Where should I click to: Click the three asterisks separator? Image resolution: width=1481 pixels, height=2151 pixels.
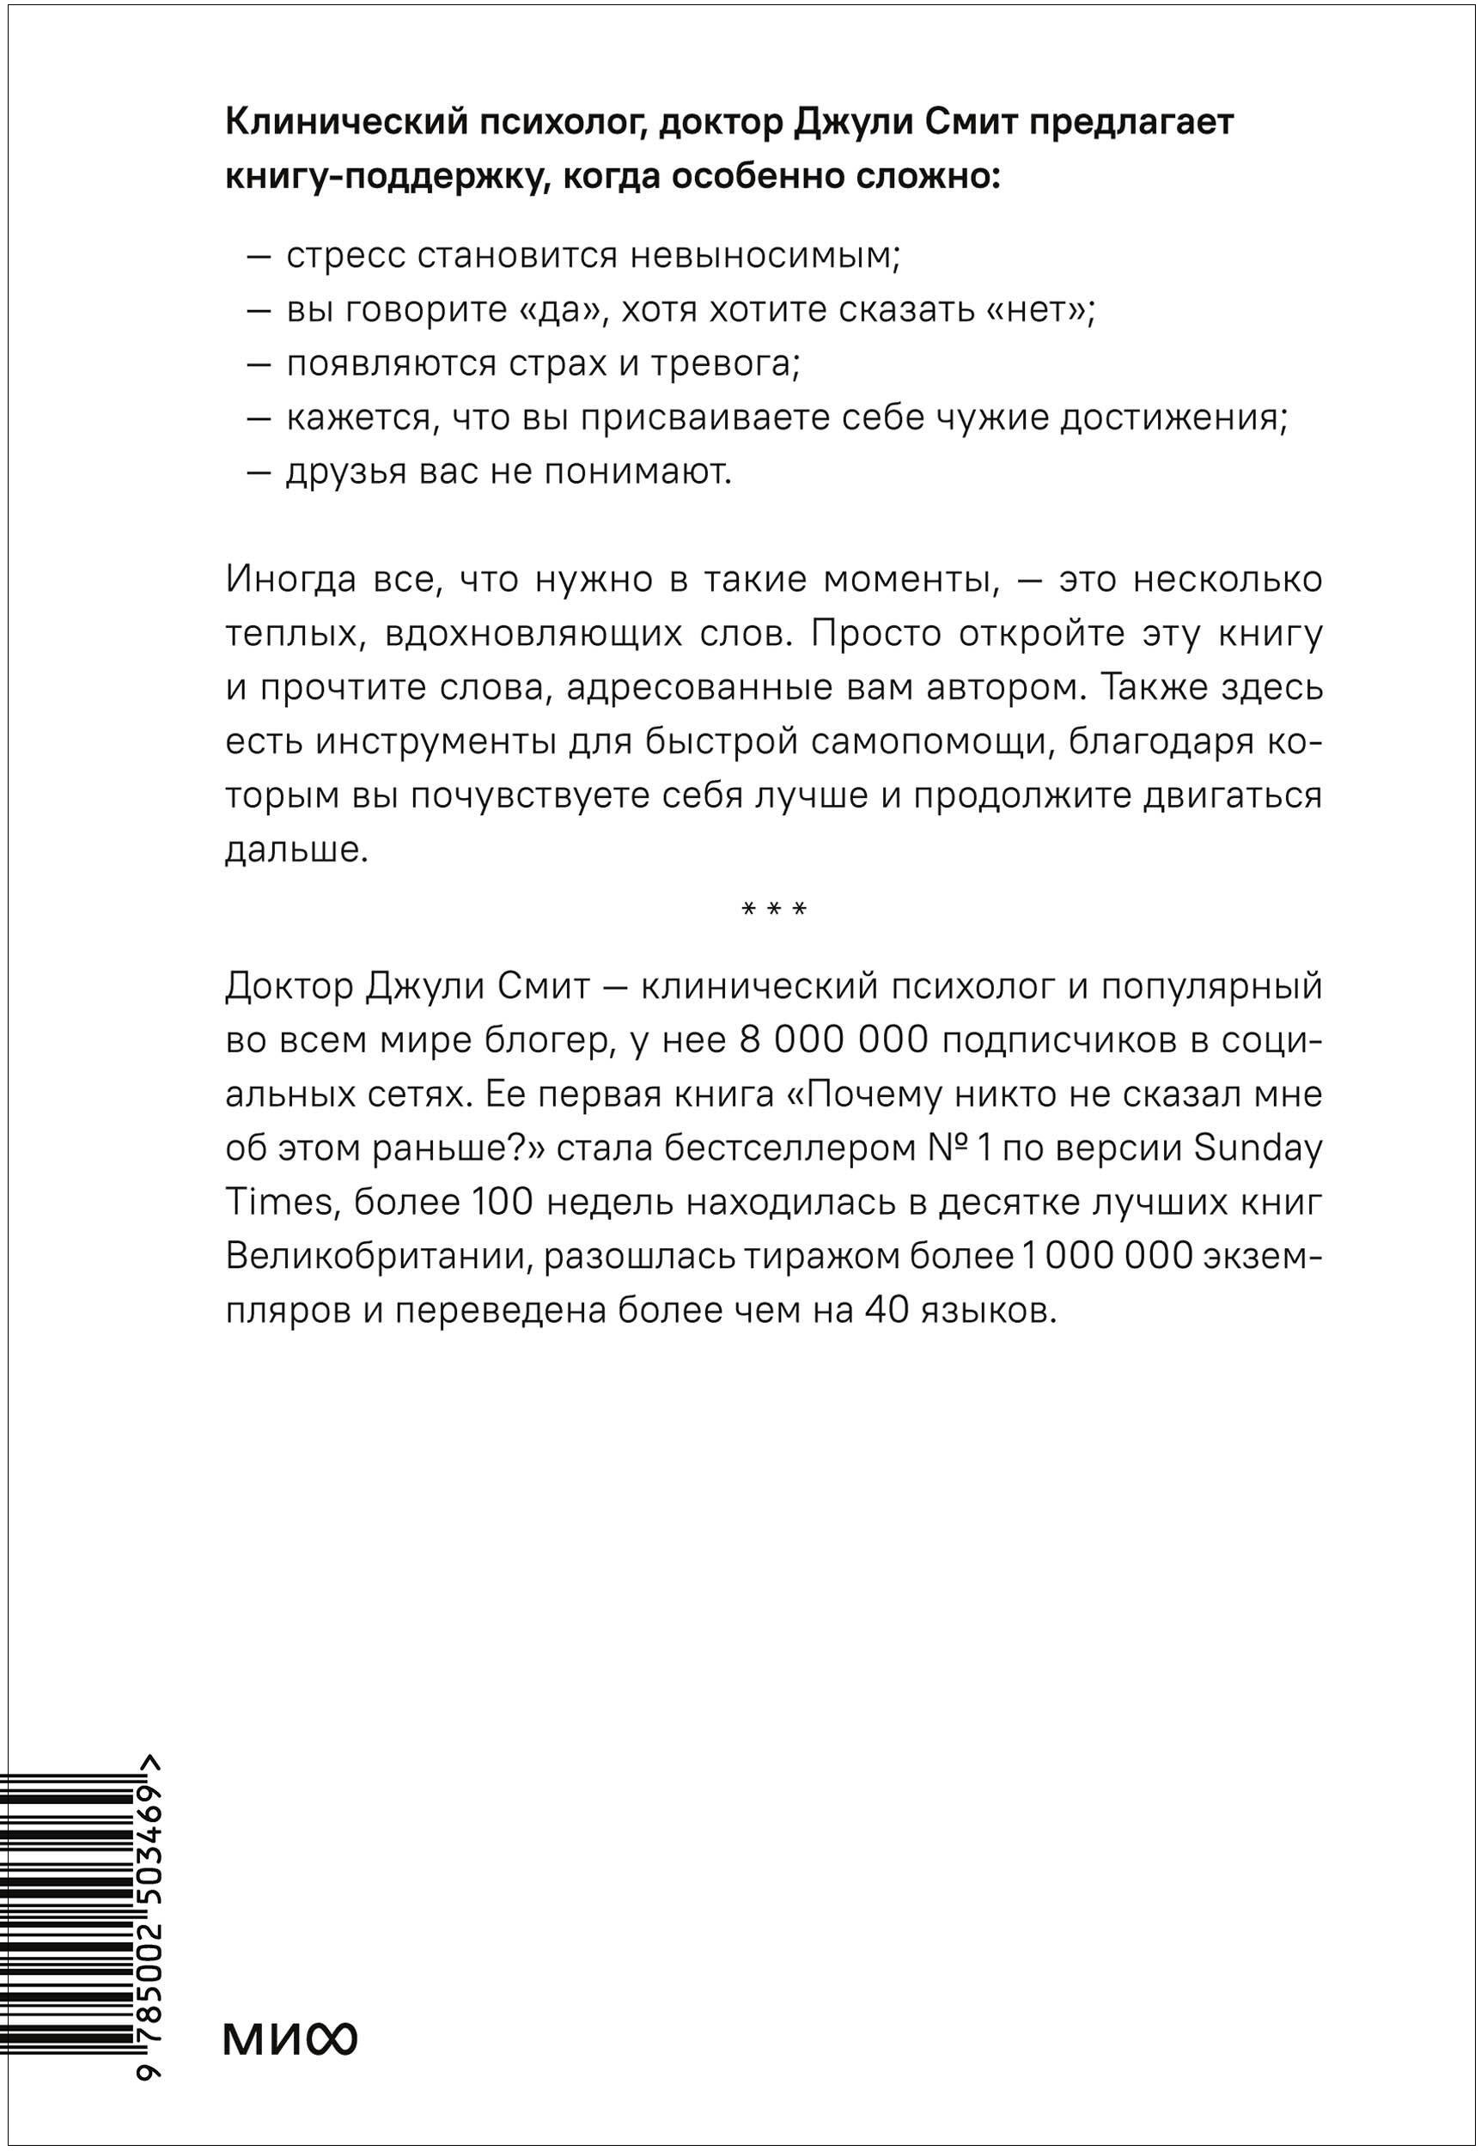pyautogui.click(x=775, y=910)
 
